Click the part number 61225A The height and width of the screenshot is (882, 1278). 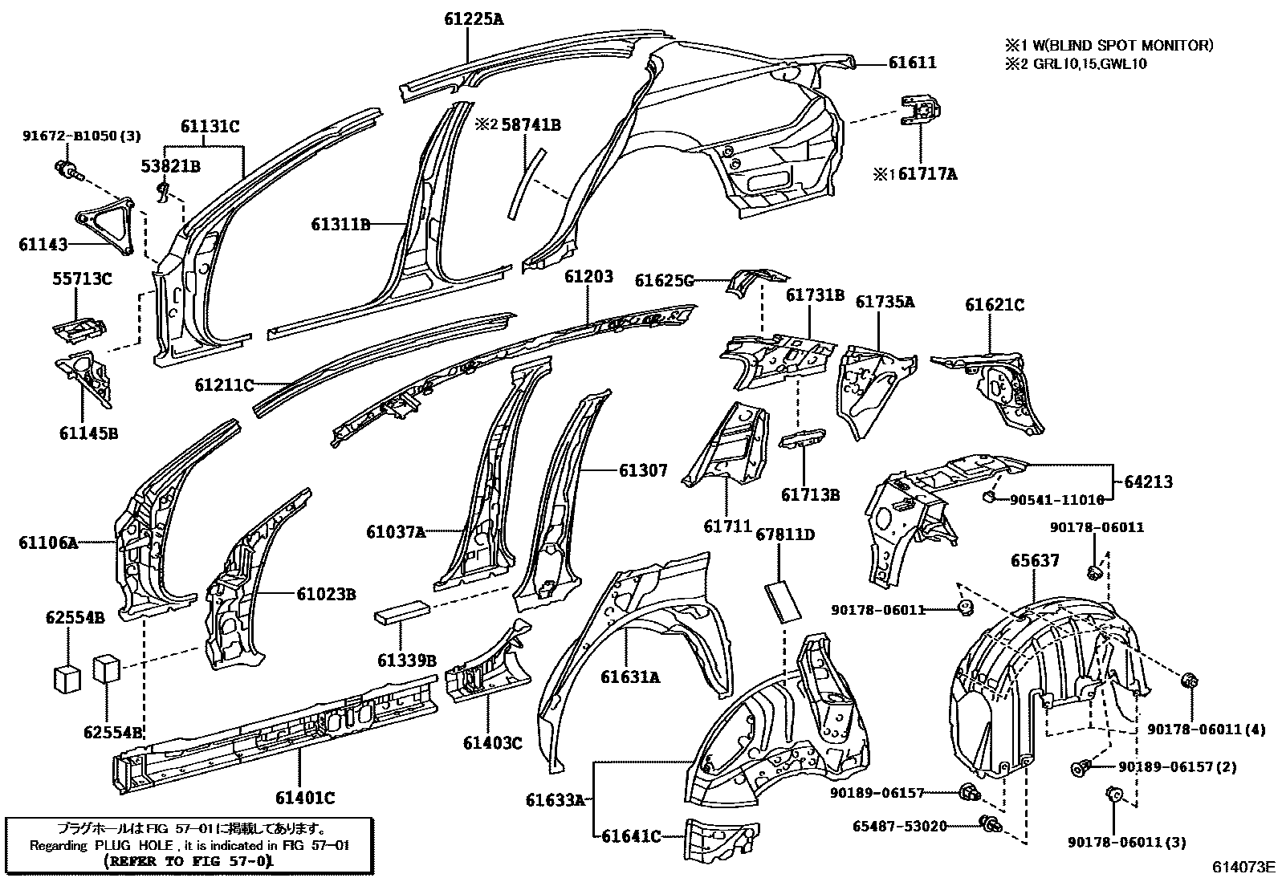pyautogui.click(x=474, y=18)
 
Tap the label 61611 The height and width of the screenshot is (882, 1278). pyautogui.click(x=912, y=63)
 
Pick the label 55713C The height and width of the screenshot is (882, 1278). pyautogui.click(x=82, y=279)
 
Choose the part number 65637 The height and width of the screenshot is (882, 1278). pyautogui.click(x=1034, y=560)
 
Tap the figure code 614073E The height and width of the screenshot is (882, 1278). pyautogui.click(x=1243, y=867)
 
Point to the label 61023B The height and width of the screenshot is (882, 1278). pyautogui.click(x=326, y=595)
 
